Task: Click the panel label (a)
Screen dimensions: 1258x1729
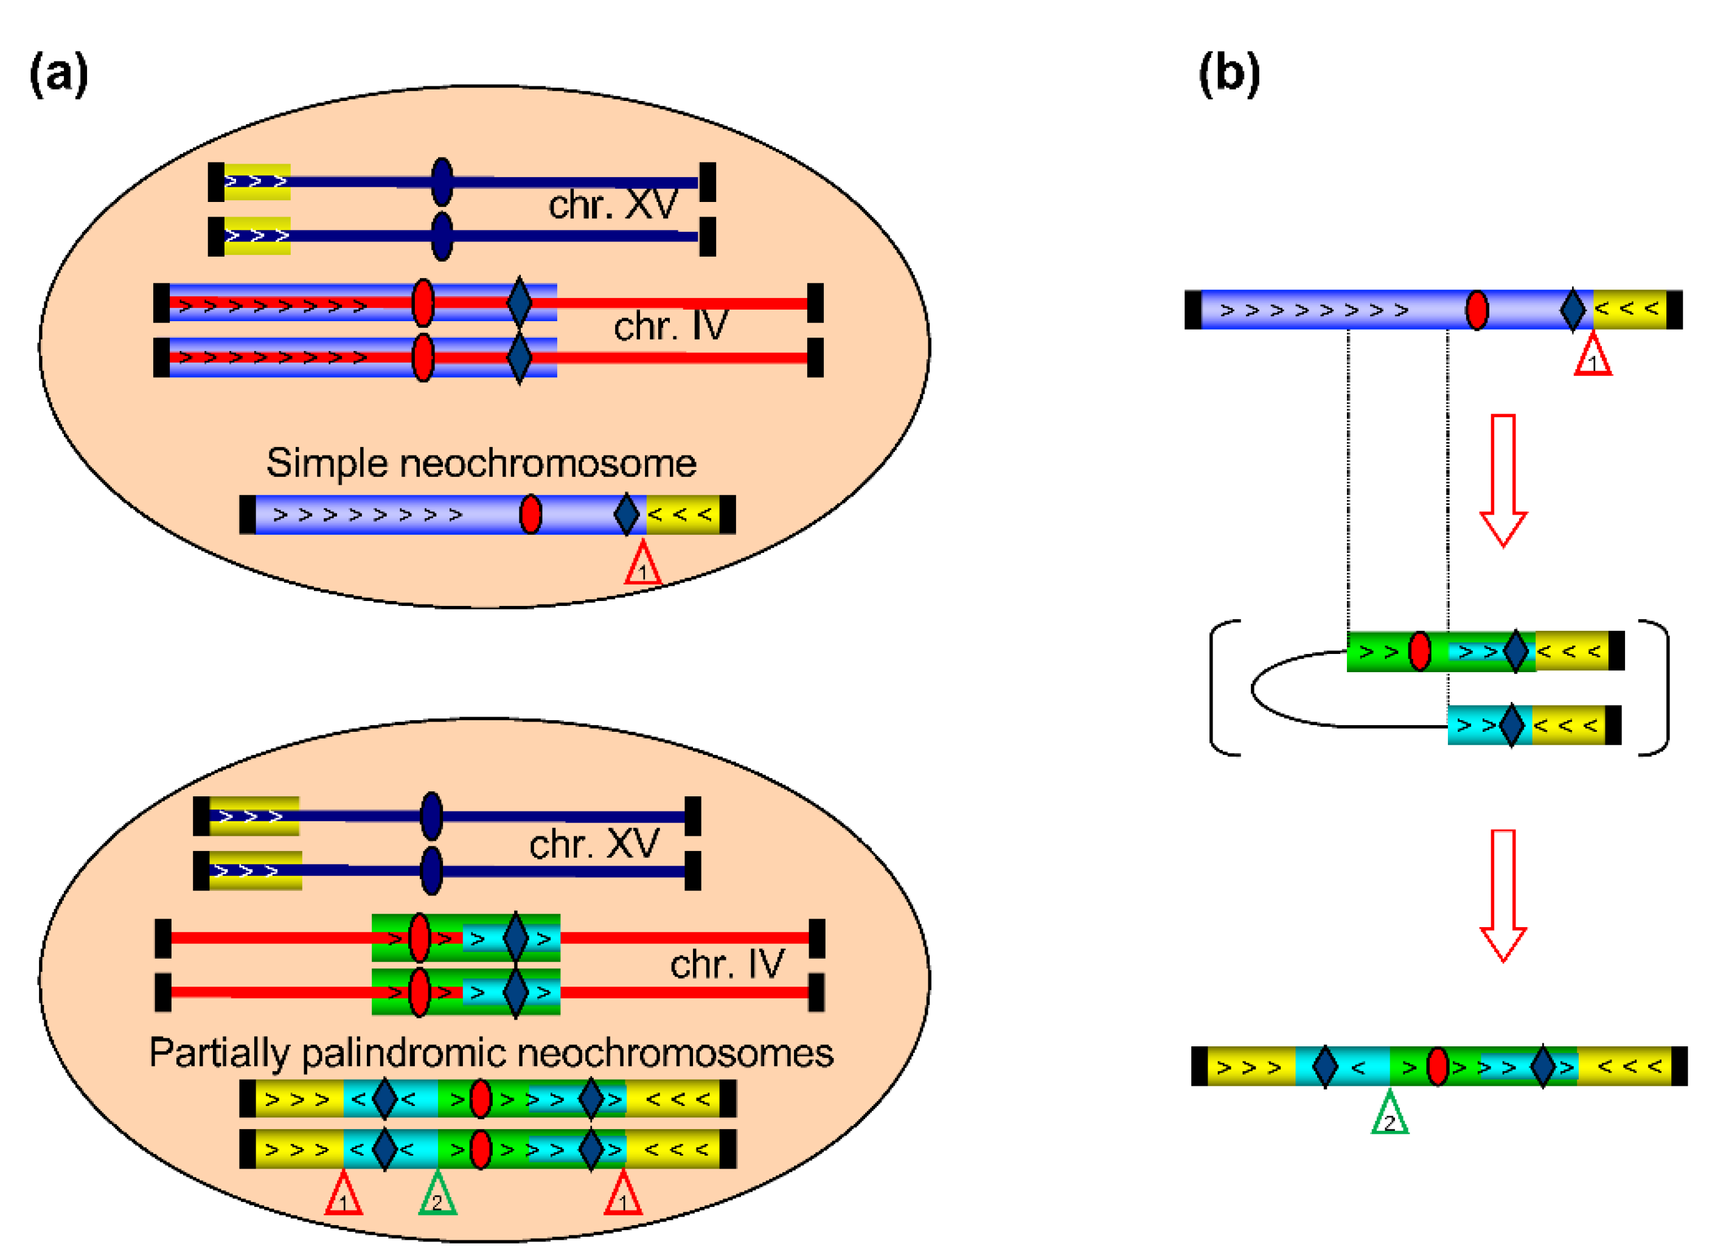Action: pyautogui.click(x=58, y=74)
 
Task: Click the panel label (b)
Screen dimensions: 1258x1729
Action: pyautogui.click(x=1229, y=74)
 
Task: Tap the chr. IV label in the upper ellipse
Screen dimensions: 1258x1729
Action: pyautogui.click(x=671, y=326)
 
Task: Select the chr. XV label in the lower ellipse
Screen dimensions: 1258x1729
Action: pyautogui.click(x=594, y=844)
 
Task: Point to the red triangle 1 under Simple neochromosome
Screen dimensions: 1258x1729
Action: pyautogui.click(x=642, y=565)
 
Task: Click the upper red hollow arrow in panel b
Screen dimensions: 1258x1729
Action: pyautogui.click(x=1503, y=481)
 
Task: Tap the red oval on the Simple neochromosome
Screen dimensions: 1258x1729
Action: pyautogui.click(x=531, y=515)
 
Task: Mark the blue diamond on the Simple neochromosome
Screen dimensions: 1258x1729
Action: pyautogui.click(x=626, y=515)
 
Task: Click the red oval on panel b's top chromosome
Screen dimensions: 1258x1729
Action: pyautogui.click(x=1477, y=310)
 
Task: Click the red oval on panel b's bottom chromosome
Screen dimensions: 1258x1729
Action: pyautogui.click(x=1438, y=1066)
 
